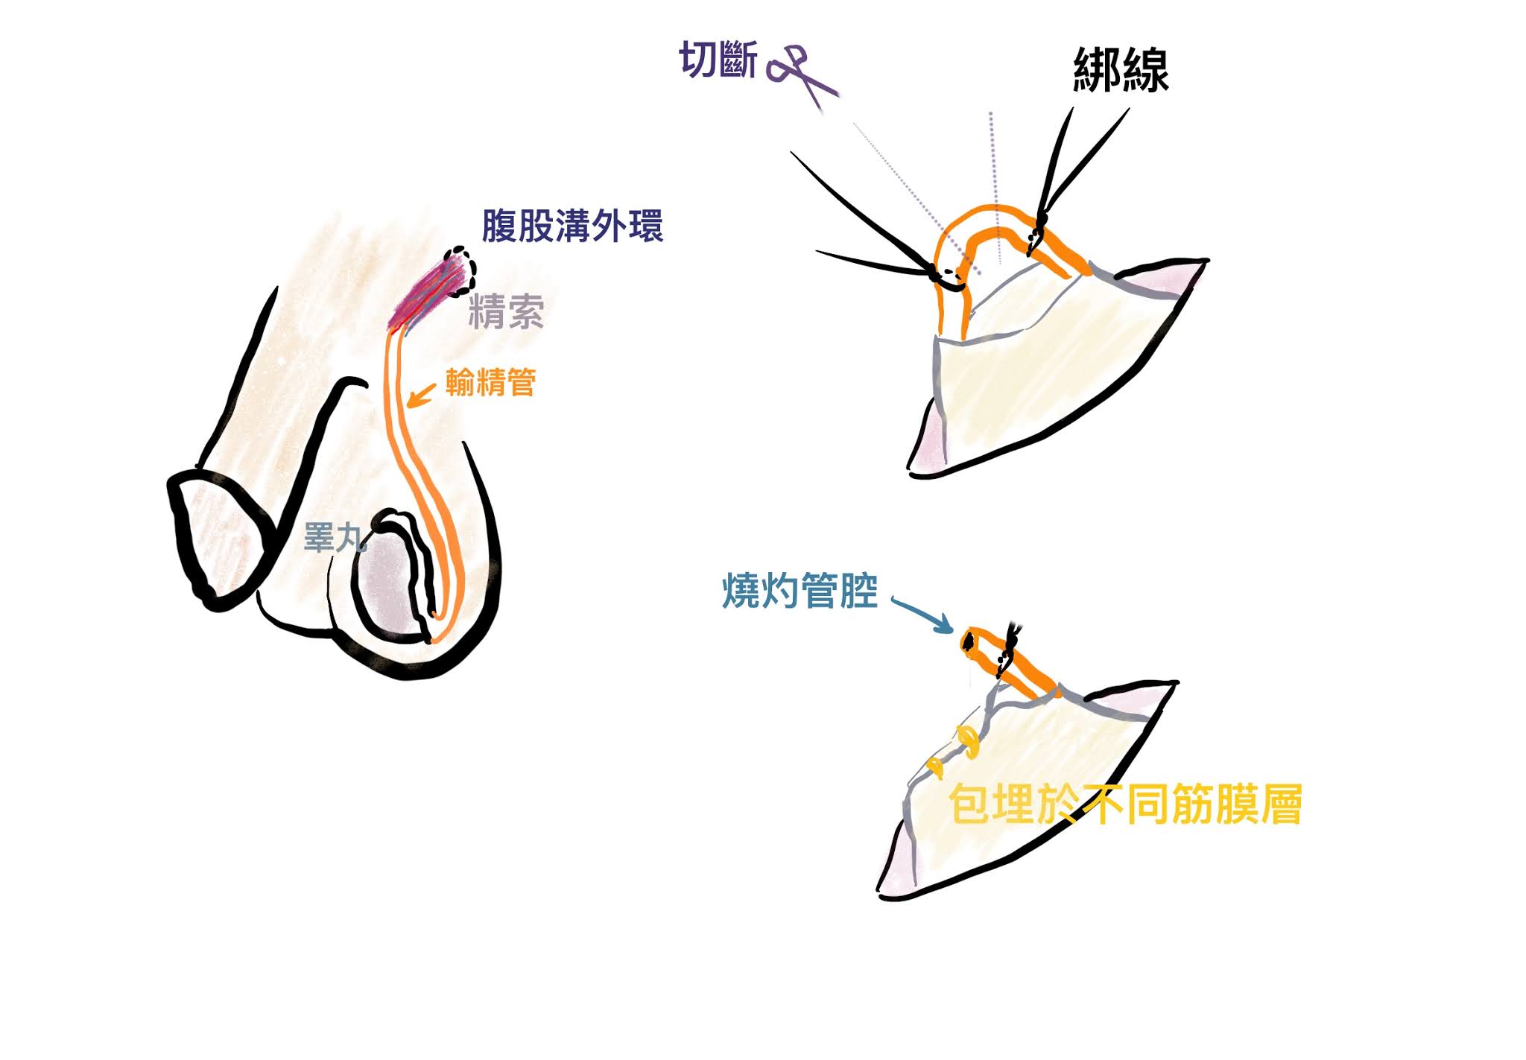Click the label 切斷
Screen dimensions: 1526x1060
click(x=718, y=60)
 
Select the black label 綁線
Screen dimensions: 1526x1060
click(x=1121, y=71)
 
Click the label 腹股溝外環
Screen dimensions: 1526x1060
click(x=572, y=226)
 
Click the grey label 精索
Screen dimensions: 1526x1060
click(x=506, y=312)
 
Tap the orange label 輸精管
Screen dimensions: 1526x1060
click(x=491, y=383)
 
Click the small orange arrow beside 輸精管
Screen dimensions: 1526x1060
click(x=421, y=396)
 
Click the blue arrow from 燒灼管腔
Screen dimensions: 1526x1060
click(x=922, y=614)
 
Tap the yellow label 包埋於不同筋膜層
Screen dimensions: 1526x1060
click(x=1125, y=805)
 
